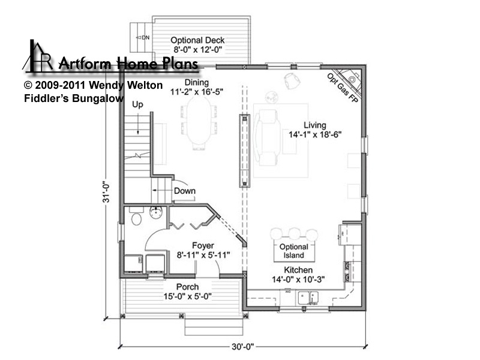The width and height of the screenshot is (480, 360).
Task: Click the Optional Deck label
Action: [x=197, y=40]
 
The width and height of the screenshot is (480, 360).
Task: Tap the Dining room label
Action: [x=197, y=82]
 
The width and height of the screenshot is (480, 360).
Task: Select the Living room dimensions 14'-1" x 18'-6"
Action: [x=315, y=134]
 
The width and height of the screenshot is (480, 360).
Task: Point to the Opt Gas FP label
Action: [x=342, y=88]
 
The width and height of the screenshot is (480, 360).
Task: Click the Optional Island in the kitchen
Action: [x=294, y=251]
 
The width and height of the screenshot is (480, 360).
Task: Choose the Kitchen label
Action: [x=298, y=270]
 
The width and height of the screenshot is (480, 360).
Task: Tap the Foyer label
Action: [x=203, y=245]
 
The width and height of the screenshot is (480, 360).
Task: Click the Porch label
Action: [x=187, y=287]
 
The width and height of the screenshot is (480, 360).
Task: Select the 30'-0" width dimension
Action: [x=243, y=347]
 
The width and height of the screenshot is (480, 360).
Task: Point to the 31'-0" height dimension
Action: [x=106, y=192]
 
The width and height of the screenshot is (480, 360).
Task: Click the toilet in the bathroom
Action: [x=136, y=217]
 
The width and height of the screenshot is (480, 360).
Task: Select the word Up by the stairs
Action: [x=138, y=104]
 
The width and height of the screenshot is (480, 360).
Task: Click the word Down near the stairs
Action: [x=185, y=191]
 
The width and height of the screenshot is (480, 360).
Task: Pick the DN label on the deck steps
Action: [x=145, y=38]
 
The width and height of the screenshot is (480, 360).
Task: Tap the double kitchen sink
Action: [x=308, y=298]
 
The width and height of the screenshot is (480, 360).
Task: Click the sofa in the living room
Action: [x=268, y=137]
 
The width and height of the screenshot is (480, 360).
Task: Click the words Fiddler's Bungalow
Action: [x=74, y=98]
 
